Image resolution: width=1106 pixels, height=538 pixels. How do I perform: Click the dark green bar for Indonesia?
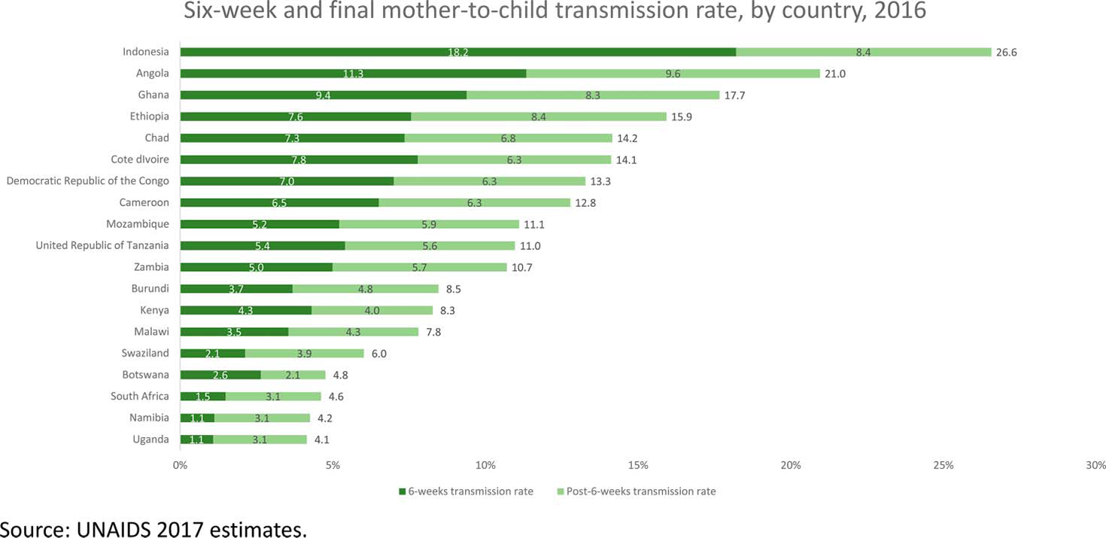pyautogui.click(x=457, y=52)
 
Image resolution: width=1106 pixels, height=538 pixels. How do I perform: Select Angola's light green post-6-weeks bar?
pyautogui.click(x=673, y=74)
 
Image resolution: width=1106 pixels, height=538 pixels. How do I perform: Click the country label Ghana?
pyautogui.click(x=153, y=95)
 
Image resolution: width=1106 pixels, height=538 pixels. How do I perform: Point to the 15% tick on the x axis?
pyautogui.click(x=638, y=465)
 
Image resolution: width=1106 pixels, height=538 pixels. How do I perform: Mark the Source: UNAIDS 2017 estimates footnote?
pyautogui.click(x=154, y=529)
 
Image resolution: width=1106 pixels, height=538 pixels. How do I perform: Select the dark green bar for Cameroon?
pyautogui.click(x=279, y=202)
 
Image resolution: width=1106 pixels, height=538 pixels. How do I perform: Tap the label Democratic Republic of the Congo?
pyautogui.click(x=88, y=181)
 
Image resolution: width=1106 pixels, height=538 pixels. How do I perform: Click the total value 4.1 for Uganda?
pyautogui.click(x=325, y=439)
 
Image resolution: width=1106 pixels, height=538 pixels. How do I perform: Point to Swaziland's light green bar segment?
pyautogui.click(x=304, y=354)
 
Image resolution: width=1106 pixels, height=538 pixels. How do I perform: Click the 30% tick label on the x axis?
pyautogui.click(x=1095, y=465)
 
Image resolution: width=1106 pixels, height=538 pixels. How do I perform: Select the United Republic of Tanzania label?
pyautogui.click(x=102, y=245)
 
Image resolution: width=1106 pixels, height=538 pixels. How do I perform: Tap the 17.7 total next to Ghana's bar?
pyautogui.click(x=735, y=95)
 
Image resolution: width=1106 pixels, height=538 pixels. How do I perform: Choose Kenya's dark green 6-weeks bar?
pyautogui.click(x=245, y=310)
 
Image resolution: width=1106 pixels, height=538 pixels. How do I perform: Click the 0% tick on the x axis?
pyautogui.click(x=181, y=465)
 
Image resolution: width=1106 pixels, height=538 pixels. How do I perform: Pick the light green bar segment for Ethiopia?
pyautogui.click(x=538, y=117)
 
